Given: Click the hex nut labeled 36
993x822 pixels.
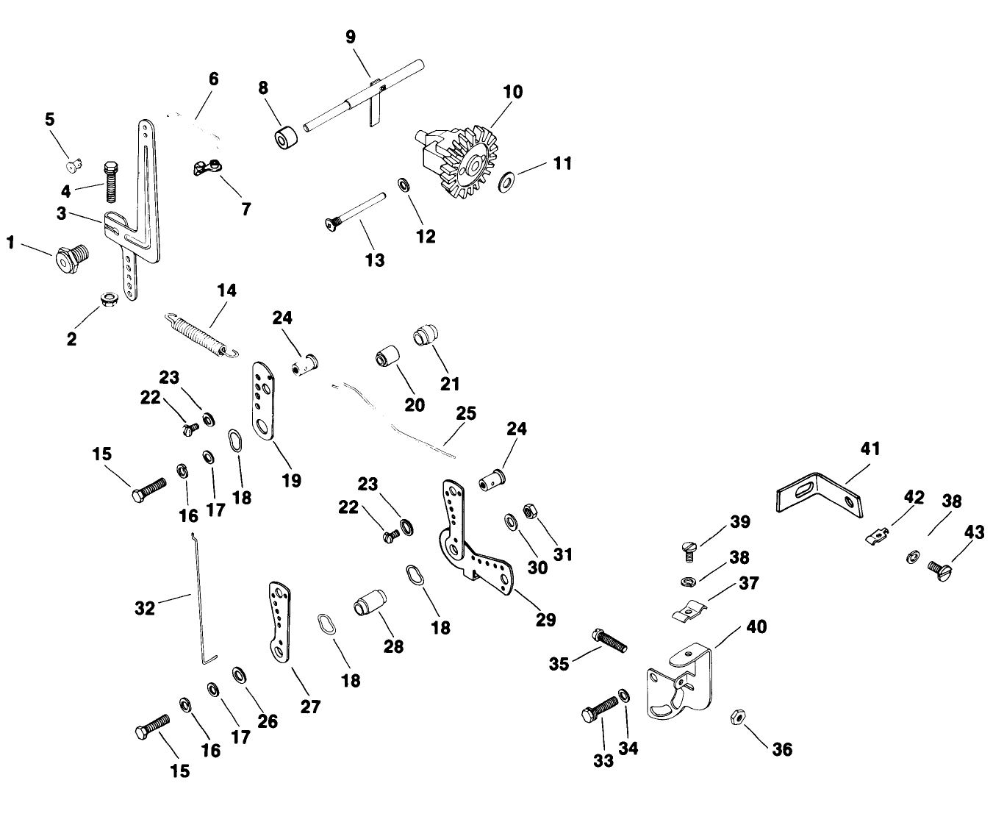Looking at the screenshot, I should pyautogui.click(x=737, y=717).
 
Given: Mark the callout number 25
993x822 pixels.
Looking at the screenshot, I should pyautogui.click(x=466, y=413).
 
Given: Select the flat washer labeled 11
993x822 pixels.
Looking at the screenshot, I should pyautogui.click(x=506, y=181).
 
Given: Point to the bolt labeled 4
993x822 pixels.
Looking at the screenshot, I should pyautogui.click(x=112, y=181).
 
